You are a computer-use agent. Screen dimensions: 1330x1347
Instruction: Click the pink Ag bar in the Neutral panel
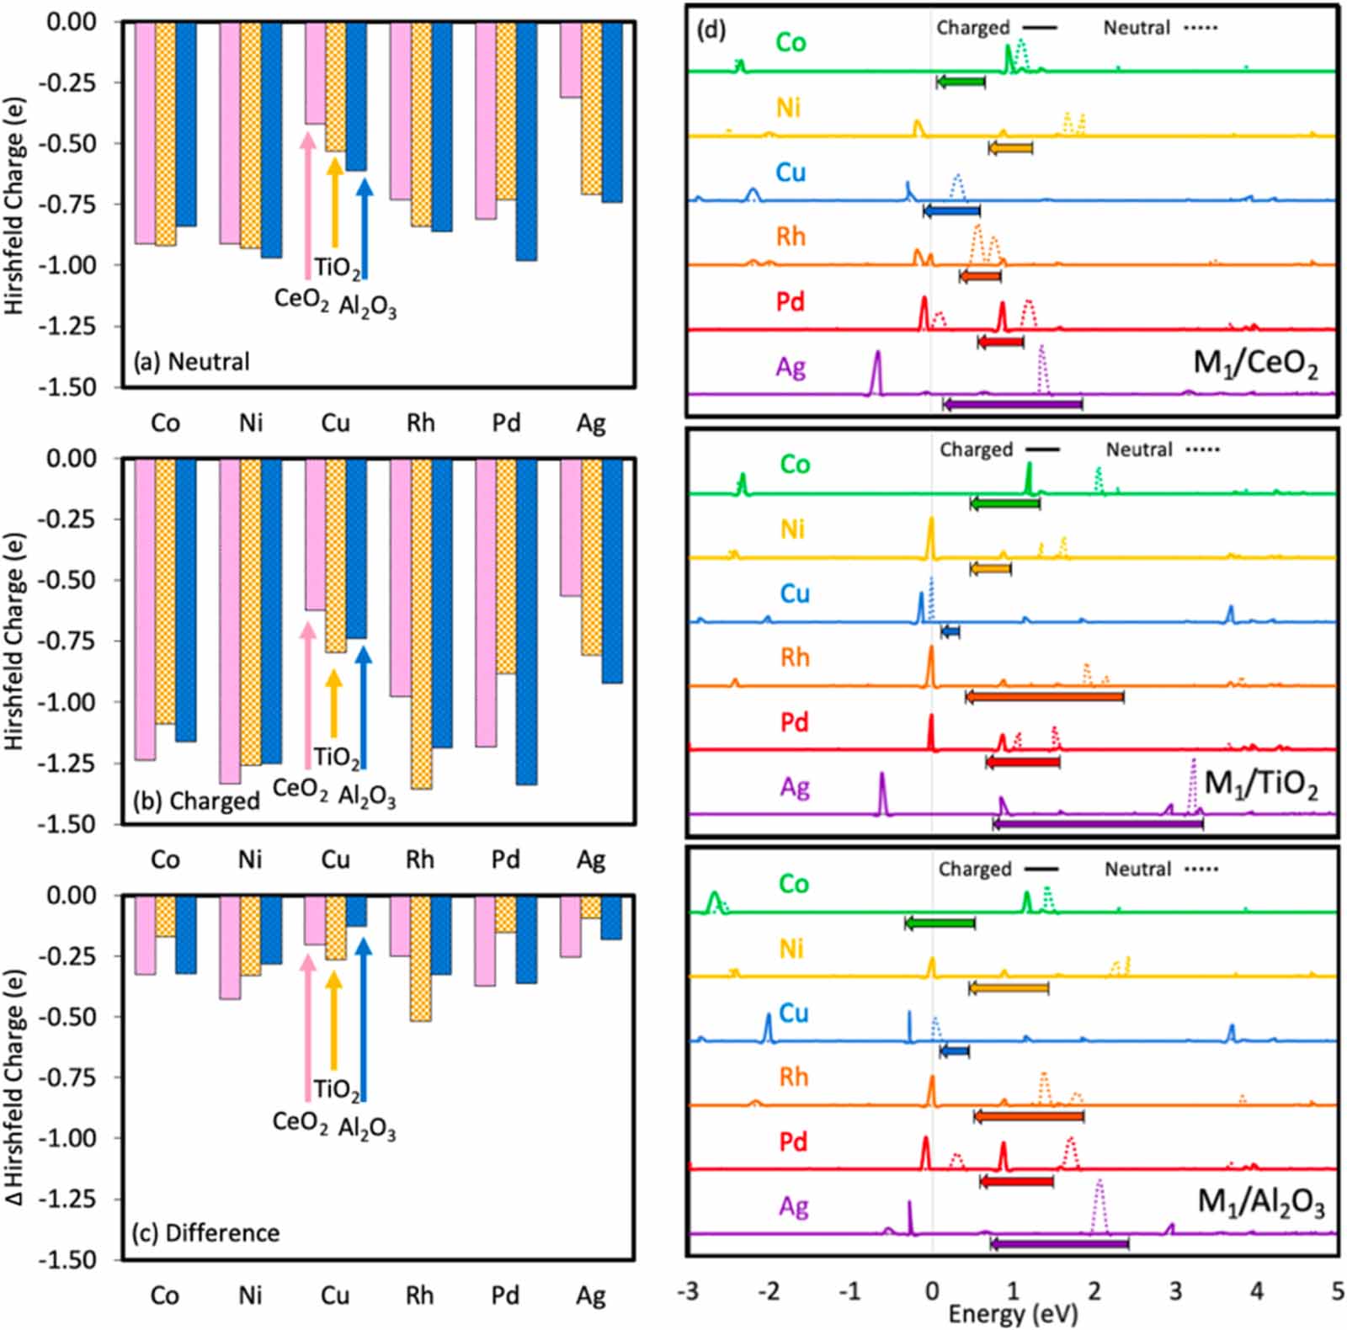coord(570,60)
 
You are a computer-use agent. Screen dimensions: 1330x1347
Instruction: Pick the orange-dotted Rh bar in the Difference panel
coord(421,959)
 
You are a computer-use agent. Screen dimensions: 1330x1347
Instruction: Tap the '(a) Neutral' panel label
coord(192,362)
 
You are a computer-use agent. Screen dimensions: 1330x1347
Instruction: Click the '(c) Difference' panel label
coord(206,1233)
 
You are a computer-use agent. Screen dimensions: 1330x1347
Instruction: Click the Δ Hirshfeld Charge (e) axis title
coord(14,1086)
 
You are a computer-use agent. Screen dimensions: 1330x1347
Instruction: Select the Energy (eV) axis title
coord(1013,1314)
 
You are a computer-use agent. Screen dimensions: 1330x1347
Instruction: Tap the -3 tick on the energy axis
coord(688,1291)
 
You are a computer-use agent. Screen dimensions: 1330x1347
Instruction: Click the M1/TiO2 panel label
coord(1260,784)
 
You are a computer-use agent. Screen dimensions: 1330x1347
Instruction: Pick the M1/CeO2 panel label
coord(1255,364)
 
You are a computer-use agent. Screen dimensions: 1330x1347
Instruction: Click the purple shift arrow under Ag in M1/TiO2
coord(1098,824)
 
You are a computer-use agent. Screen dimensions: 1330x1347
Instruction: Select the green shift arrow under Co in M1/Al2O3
coord(940,923)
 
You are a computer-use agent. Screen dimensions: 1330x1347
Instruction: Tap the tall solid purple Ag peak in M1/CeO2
coord(876,373)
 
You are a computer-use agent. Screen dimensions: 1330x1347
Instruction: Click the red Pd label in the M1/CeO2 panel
coord(790,301)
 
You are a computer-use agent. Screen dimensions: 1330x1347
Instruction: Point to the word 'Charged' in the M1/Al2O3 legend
coord(975,869)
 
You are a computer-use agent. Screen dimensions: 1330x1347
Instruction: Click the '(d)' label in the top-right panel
coord(711,30)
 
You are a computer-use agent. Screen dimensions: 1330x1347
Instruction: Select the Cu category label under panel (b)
coord(335,859)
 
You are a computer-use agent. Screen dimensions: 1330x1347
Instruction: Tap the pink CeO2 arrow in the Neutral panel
coord(308,206)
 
